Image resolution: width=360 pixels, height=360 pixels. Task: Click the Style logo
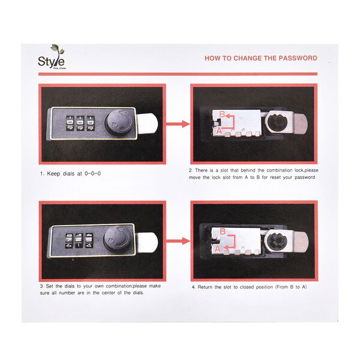click(52, 57)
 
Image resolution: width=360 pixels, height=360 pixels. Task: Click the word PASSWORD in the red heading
click(298, 58)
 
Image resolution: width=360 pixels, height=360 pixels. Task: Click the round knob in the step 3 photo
click(117, 239)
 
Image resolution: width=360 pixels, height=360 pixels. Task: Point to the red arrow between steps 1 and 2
click(178, 124)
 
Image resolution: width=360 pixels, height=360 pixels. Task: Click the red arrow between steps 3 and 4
click(178, 241)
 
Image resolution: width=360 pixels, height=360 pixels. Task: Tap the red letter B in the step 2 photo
click(222, 114)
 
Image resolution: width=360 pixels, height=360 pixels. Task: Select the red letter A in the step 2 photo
click(219, 131)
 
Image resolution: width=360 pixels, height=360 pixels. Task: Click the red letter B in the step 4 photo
click(223, 231)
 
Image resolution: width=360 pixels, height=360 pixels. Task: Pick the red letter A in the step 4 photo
click(217, 248)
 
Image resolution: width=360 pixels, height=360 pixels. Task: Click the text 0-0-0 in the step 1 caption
click(92, 173)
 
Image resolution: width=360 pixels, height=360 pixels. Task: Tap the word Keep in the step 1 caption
click(54, 174)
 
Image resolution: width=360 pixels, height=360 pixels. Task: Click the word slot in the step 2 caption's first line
click(224, 170)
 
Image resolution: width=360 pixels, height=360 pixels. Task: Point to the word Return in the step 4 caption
click(205, 287)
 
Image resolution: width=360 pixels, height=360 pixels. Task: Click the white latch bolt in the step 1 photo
click(148, 123)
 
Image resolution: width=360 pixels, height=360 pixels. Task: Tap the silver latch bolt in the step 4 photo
click(301, 242)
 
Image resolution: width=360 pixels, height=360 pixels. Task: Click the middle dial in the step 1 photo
click(80, 123)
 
